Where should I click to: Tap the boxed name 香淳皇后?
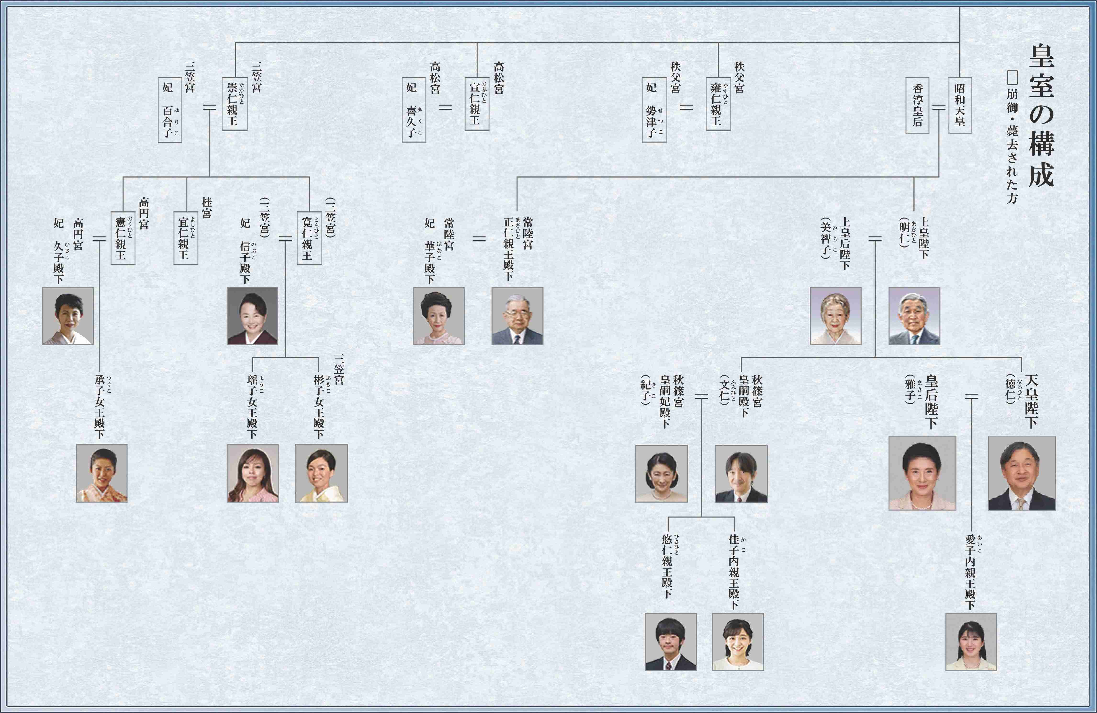point(917,105)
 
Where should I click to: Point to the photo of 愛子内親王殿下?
point(971,642)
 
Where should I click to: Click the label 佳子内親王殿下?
point(734,572)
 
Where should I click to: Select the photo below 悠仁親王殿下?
point(671,642)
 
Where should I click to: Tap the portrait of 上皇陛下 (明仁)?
point(914,316)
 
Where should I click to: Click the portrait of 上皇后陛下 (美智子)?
point(835,316)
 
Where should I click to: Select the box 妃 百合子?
point(170,110)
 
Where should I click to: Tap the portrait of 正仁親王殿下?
point(517,316)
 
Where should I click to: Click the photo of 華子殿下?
point(438,316)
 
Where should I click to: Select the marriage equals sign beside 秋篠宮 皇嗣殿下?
point(701,396)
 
